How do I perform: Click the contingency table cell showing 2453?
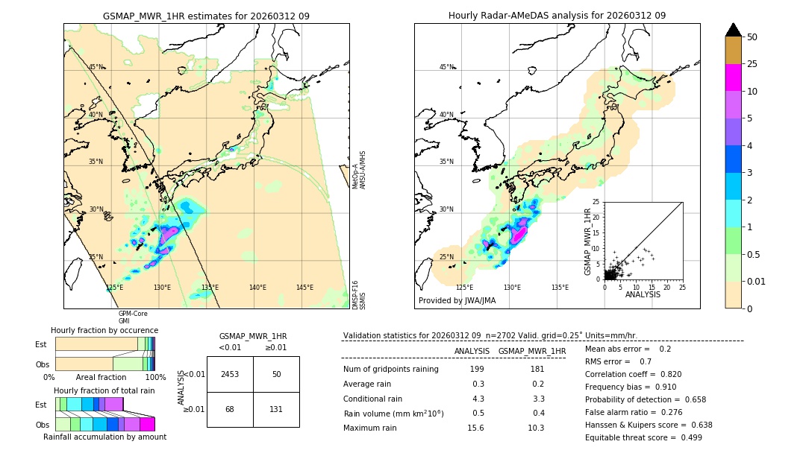[230, 374]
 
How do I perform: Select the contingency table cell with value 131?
[276, 409]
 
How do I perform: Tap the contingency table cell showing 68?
[230, 409]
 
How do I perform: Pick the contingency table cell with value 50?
[276, 374]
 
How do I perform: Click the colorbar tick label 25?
[752, 64]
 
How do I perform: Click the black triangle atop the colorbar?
[733, 30]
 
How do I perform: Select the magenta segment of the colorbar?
[733, 77]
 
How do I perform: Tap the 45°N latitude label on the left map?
[96, 67]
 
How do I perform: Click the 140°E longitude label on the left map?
[257, 288]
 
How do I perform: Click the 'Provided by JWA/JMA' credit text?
[457, 300]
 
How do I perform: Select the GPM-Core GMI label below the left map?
[128, 317]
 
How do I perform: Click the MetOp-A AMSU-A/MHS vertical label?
[359, 170]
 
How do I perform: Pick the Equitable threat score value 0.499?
[687, 437]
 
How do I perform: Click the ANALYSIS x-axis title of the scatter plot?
[643, 294]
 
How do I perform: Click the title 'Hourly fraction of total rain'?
[104, 390]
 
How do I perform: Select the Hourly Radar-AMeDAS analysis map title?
[557, 16]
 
